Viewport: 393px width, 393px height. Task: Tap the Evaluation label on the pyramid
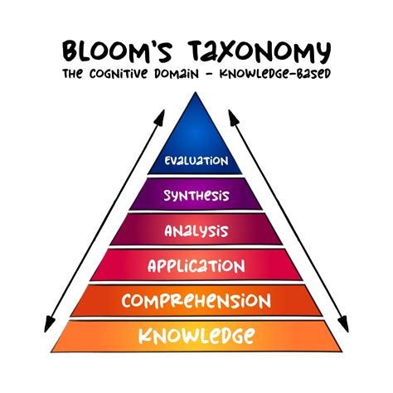point(196,161)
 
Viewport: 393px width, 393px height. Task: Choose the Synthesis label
point(196,196)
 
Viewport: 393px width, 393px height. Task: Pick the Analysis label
point(196,230)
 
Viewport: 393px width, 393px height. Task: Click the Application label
point(196,266)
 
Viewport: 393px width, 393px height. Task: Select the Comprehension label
point(196,300)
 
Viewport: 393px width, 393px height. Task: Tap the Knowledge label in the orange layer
point(196,336)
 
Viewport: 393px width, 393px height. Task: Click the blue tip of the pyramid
point(196,116)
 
